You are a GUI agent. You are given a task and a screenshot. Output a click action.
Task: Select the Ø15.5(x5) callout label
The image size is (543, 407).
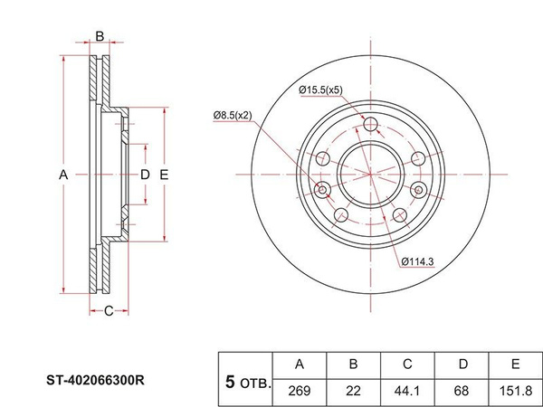coord(320,90)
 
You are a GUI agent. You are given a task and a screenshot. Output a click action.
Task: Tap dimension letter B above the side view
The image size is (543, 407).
coord(100,37)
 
